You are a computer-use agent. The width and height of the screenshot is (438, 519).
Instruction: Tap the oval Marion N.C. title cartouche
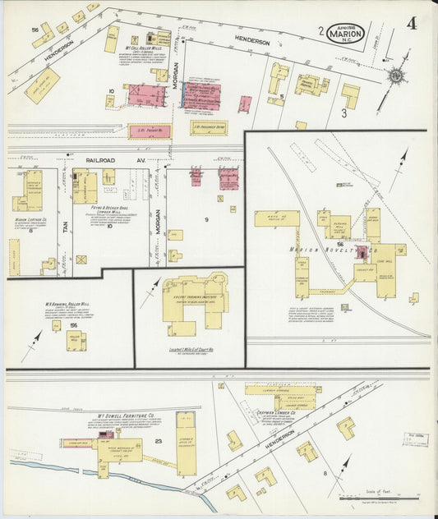point(345,34)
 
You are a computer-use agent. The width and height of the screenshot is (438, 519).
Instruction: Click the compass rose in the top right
point(396,76)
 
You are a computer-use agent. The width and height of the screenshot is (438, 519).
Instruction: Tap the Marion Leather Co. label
point(30,220)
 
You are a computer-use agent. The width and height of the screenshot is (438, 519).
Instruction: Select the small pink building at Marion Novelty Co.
point(362,252)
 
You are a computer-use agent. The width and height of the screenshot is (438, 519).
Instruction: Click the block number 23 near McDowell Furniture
point(159,443)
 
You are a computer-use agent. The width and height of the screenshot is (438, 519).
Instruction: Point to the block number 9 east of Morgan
point(206,219)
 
